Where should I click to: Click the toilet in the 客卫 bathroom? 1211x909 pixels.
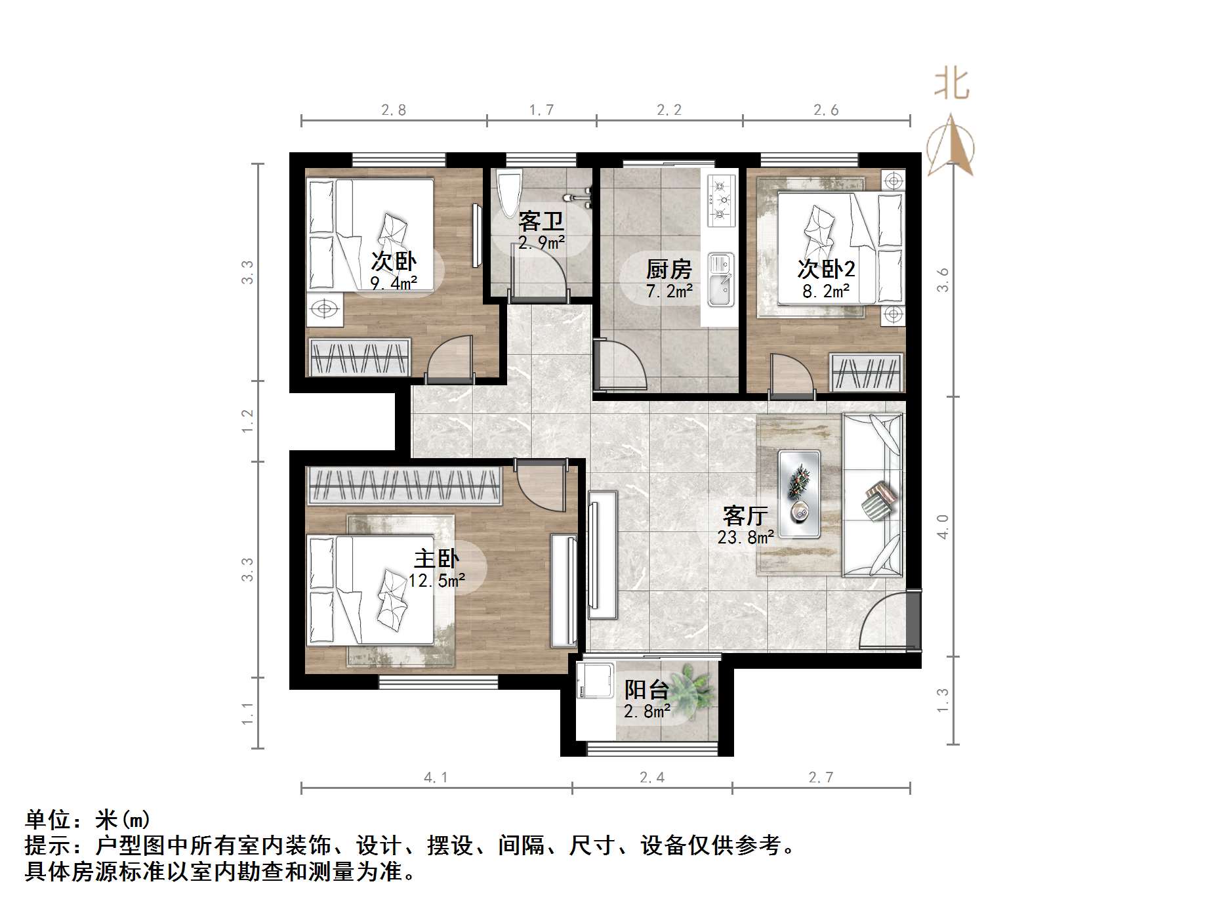(x=509, y=192)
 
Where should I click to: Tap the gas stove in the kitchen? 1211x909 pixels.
(x=721, y=199)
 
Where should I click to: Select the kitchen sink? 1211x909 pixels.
(x=721, y=281)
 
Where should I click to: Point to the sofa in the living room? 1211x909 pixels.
(x=872, y=495)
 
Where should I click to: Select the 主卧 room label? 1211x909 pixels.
(x=436, y=559)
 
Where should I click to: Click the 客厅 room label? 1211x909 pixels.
(x=745, y=516)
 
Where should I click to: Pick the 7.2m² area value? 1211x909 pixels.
(x=669, y=291)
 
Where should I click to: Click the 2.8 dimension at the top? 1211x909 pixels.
(x=394, y=110)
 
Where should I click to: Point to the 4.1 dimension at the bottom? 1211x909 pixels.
(x=436, y=778)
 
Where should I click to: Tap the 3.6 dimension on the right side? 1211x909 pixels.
(x=943, y=280)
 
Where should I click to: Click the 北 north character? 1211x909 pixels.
(x=952, y=84)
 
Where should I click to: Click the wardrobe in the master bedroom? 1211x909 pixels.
(x=404, y=486)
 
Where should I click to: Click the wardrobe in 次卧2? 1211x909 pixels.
(x=866, y=373)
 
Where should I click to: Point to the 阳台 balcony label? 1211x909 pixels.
(x=646, y=690)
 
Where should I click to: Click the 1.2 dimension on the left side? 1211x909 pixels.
(x=247, y=421)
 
